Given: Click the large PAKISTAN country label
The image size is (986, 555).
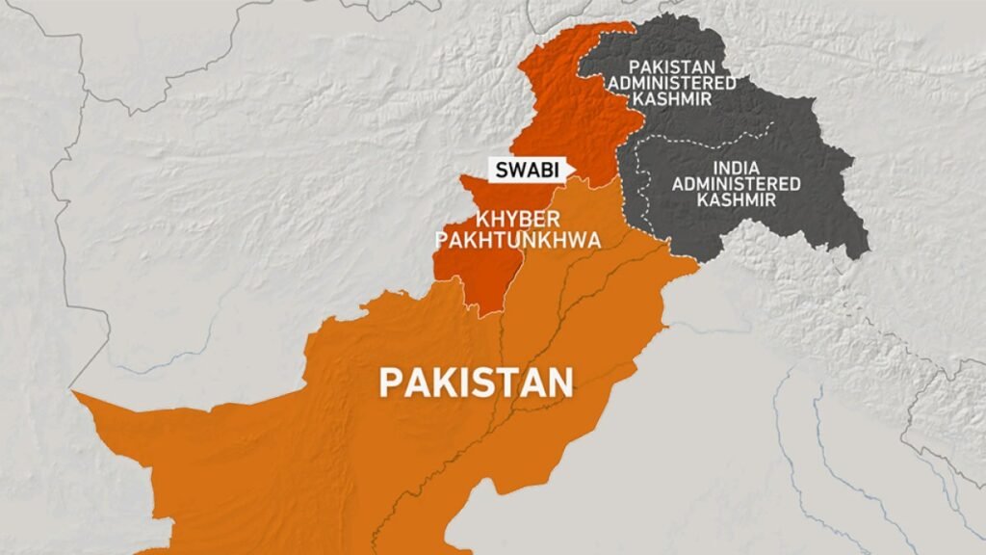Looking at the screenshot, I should coord(476,382).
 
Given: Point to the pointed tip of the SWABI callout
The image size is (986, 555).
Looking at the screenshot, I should coord(575,171).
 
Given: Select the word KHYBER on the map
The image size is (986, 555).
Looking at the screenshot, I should coord(495,221).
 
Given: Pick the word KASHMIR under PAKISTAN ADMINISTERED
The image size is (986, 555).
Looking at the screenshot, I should coord(681,99).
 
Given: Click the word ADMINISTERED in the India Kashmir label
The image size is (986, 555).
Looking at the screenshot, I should coord(737,183).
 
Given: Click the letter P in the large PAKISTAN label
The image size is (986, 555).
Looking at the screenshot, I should coord(390,382).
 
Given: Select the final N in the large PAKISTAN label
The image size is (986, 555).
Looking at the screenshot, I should coord(560,382).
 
